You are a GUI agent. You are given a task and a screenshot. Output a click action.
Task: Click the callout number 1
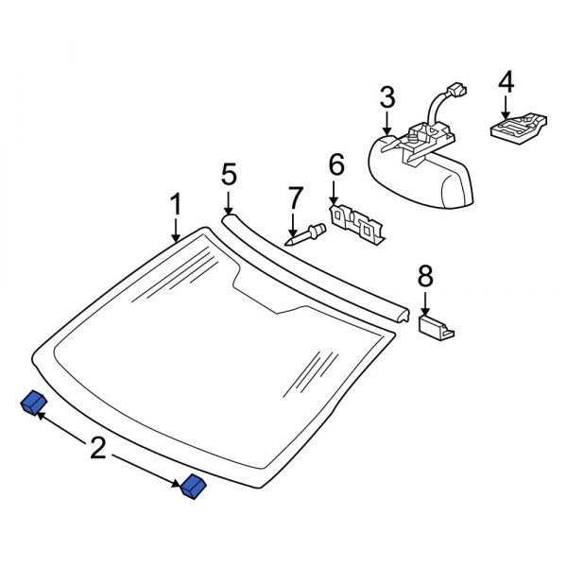176,204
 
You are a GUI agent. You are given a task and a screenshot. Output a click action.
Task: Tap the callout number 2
98,447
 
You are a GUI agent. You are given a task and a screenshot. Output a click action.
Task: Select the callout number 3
387,97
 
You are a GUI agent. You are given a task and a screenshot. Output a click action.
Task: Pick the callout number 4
507,82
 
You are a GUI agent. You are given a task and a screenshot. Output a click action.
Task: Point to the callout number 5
228,175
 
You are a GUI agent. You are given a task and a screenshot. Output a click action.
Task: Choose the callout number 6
335,167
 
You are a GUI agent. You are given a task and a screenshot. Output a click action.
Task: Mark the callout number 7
295,199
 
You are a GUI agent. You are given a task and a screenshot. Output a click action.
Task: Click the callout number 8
425,276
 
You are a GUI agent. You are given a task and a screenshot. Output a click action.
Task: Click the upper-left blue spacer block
33,404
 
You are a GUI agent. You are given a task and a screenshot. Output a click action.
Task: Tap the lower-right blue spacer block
194,486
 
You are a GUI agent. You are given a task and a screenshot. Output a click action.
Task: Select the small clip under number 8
436,326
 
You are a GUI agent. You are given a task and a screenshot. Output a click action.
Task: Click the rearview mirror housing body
416,175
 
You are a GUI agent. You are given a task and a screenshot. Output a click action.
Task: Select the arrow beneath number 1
176,230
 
